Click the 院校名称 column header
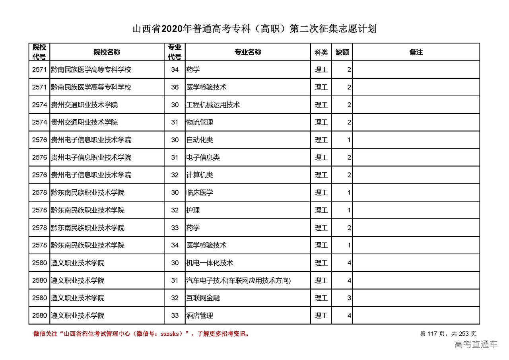107,52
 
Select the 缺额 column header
342,52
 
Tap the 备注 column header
416,52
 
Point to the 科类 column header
321,52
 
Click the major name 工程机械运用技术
213,105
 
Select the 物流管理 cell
200,123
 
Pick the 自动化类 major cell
200,140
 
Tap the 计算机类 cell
200,175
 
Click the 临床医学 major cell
200,193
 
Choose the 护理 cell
193,210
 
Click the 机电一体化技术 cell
210,263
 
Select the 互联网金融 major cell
203,298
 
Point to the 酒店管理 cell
200,315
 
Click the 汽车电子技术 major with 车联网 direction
239,280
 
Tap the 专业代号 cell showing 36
175,88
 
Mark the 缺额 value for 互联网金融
349,298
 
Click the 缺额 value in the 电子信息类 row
349,158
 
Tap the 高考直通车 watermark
476,344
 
